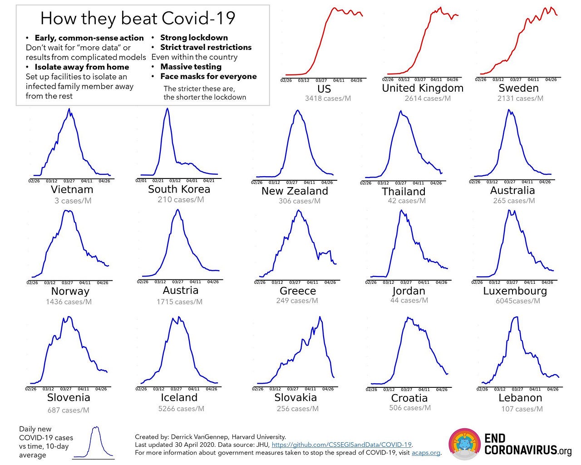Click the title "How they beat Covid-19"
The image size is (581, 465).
(x=138, y=19)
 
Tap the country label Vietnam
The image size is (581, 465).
(x=72, y=190)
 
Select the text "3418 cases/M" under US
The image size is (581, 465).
(x=328, y=98)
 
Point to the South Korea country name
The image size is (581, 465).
(x=179, y=189)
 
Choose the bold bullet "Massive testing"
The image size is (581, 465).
(x=191, y=67)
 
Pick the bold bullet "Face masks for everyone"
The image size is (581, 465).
(x=208, y=76)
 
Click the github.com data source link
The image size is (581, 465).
(x=342, y=445)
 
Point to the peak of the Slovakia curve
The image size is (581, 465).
(x=320, y=317)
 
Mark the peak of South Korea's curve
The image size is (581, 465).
(x=167, y=109)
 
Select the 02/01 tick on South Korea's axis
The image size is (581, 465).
(x=141, y=180)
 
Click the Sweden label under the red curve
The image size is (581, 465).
(x=518, y=88)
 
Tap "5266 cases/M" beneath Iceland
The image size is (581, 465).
(x=181, y=409)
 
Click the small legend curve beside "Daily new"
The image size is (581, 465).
(x=95, y=443)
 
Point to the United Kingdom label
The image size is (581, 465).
(x=423, y=88)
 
